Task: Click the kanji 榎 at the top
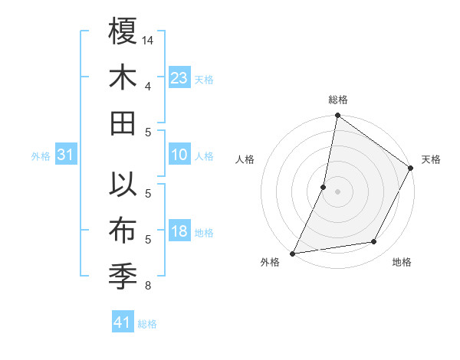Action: point(123,32)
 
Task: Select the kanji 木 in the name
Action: point(123,77)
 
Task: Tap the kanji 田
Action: point(123,123)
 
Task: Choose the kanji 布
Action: point(123,230)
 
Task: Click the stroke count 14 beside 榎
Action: point(148,39)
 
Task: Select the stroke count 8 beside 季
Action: point(148,286)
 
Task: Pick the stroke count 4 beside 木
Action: point(148,85)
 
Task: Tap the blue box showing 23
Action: point(179,77)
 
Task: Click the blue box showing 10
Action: point(179,155)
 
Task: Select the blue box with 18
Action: point(179,231)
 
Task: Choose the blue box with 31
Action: point(65,155)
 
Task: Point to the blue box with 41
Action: point(122,322)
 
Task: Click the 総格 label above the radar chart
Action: point(337,100)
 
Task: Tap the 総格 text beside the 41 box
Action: point(147,324)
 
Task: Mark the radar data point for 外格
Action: point(293,253)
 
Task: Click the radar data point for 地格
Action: point(374,242)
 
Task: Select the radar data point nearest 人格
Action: point(324,187)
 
